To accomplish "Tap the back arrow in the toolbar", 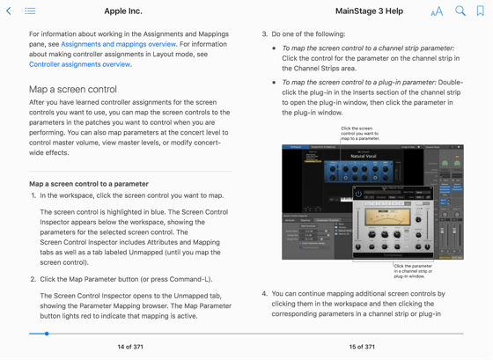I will pos(9,11).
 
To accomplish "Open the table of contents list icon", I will pos(30,11).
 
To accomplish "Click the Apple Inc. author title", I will pos(123,11).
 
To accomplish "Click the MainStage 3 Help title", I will pos(369,11).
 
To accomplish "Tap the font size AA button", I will pos(437,11).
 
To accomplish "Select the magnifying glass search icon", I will pos(460,11).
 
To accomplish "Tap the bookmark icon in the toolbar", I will pos(480,11).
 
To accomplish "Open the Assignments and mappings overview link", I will pos(118,44).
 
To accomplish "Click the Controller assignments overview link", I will pos(79,64).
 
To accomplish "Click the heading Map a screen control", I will pos(72,90).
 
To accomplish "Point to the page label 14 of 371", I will pos(131,347).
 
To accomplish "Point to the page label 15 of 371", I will pos(362,347).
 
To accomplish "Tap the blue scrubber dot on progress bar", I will pos(47,334).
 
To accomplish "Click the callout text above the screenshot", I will pos(360,133).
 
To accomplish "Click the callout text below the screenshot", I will pos(413,270).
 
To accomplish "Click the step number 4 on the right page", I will pos(264,294).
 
